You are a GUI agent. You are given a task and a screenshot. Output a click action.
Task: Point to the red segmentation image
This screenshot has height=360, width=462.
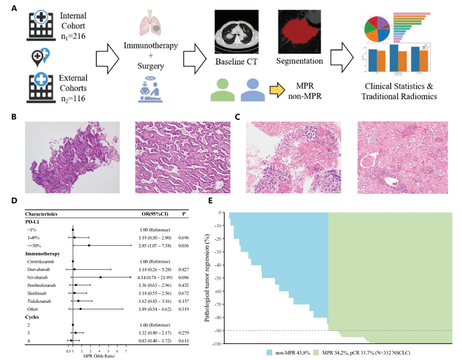click(296, 30)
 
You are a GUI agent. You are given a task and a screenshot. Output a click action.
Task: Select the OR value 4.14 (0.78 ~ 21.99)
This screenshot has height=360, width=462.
click(156, 278)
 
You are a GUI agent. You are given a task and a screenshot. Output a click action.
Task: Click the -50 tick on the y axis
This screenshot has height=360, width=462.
click(219, 278)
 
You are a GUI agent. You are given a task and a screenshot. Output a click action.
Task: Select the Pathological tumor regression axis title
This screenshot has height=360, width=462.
click(208, 278)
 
